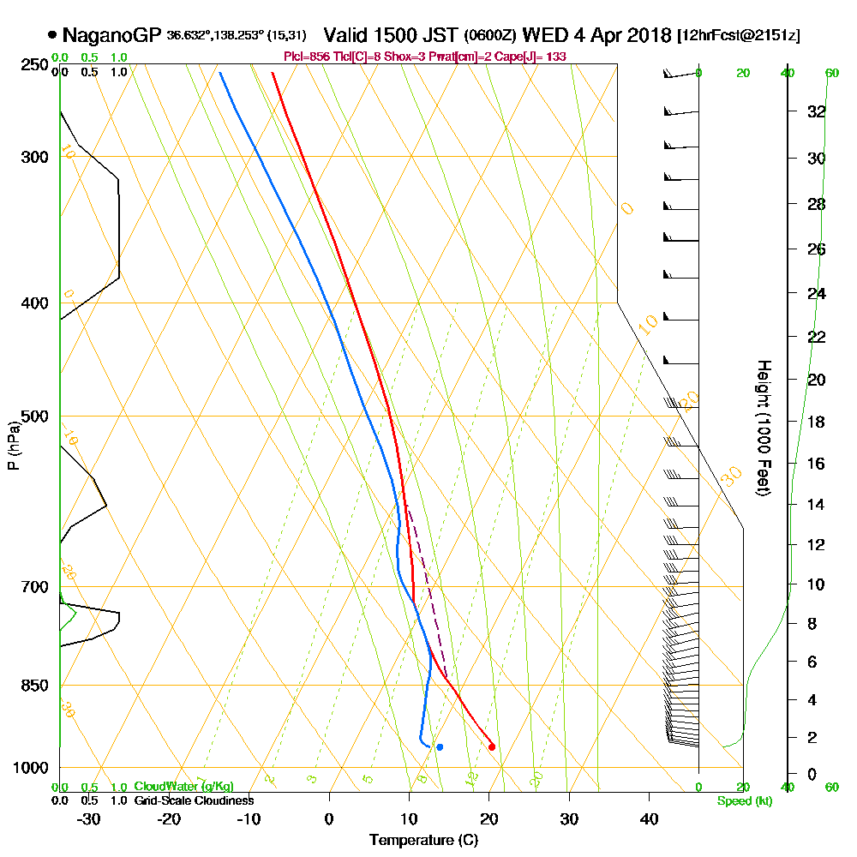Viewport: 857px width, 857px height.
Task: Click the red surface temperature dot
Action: pyautogui.click(x=491, y=746)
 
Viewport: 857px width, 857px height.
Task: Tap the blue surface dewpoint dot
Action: pyautogui.click(x=440, y=747)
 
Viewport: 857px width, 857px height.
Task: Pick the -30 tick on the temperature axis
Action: pyautogui.click(x=89, y=819)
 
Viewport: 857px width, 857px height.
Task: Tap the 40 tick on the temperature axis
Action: pyautogui.click(x=650, y=819)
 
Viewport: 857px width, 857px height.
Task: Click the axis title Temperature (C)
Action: pyautogui.click(x=423, y=841)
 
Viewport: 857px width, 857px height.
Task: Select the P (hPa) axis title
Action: pyautogui.click(x=13, y=446)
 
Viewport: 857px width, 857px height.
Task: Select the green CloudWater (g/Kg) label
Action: pyautogui.click(x=183, y=787)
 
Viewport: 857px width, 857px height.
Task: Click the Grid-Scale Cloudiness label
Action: pyautogui.click(x=194, y=800)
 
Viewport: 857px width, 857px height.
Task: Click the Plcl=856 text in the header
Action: pyautogui.click(x=304, y=57)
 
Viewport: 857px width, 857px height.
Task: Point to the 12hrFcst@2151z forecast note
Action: pyautogui.click(x=739, y=36)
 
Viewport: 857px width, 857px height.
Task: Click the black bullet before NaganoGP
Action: pyautogui.click(x=52, y=36)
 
